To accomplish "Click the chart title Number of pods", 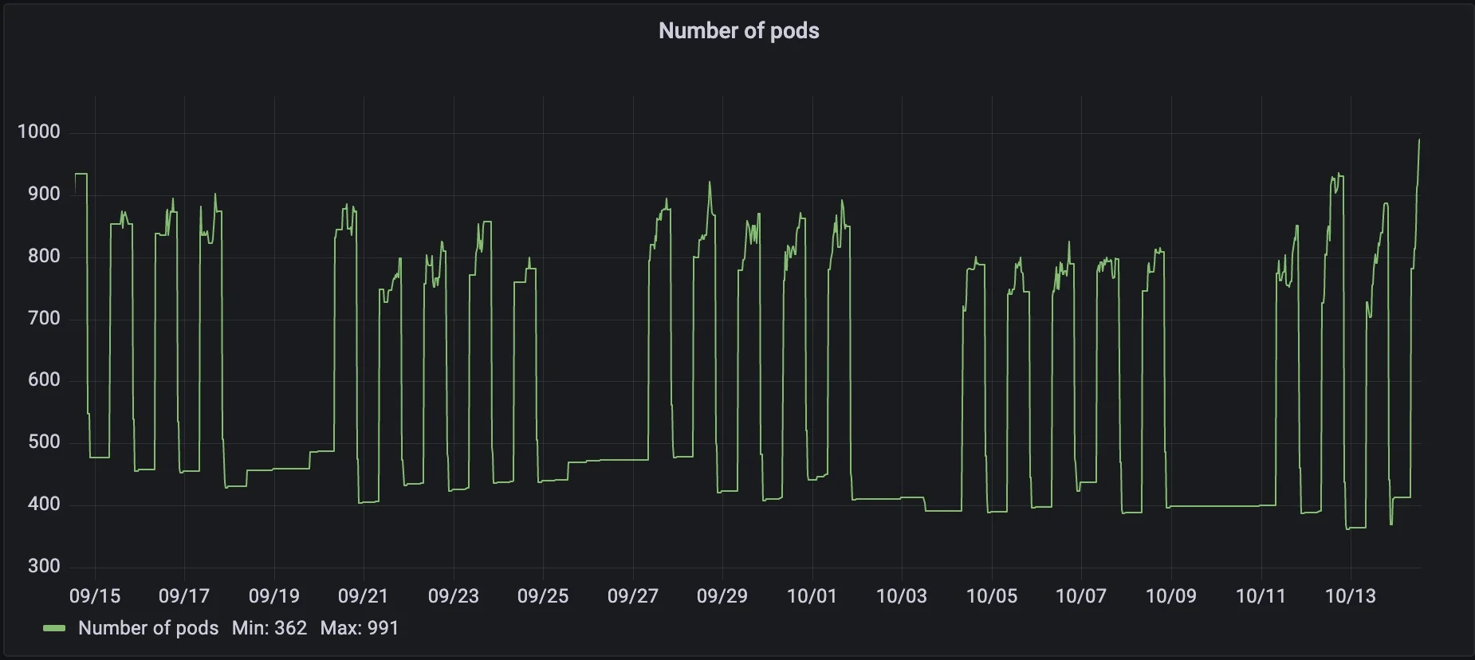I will click(x=738, y=31).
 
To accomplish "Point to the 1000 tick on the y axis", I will click(x=39, y=132).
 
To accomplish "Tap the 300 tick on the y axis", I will click(x=44, y=567).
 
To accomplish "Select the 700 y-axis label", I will click(x=44, y=319).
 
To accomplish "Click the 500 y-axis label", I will click(x=44, y=442).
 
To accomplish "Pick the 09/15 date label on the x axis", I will click(x=95, y=596).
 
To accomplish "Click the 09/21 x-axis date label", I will click(x=363, y=596).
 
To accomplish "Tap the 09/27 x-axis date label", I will click(x=632, y=596).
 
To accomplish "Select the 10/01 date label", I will click(x=812, y=596).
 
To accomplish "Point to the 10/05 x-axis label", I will click(x=991, y=596).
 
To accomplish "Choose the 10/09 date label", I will click(x=1170, y=596).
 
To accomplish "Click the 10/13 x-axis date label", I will click(x=1350, y=596).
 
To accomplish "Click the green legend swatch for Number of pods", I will click(x=54, y=629).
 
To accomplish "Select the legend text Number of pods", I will click(x=148, y=628).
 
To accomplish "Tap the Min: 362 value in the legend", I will click(x=269, y=628).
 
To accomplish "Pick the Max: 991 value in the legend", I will click(x=360, y=628).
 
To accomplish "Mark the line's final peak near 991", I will click(x=1418, y=140).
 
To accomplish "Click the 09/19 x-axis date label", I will click(x=273, y=596).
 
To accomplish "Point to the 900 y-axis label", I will click(x=44, y=194).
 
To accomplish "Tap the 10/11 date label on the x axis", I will click(x=1261, y=596).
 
